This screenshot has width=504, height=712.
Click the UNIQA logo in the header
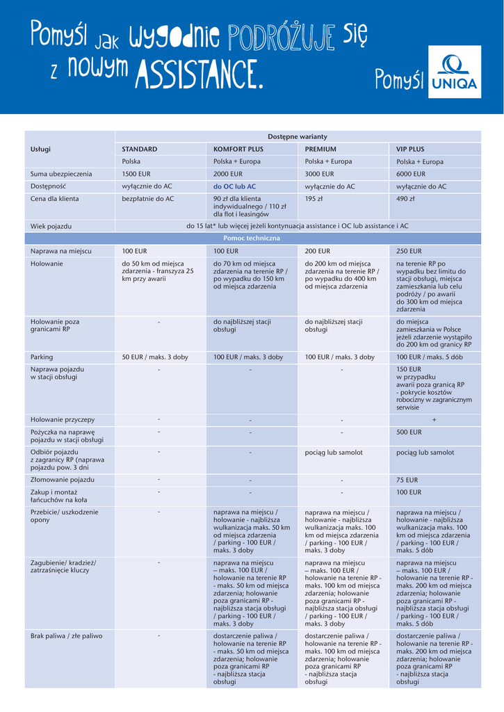(x=455, y=74)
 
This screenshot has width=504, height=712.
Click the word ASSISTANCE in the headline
(x=201, y=74)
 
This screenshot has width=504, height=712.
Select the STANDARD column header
(x=140, y=149)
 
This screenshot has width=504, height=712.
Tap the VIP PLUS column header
(x=410, y=149)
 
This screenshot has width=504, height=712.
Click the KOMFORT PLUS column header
(x=238, y=149)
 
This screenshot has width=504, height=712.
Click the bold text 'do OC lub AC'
(x=234, y=186)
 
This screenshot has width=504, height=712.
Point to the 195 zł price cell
(x=315, y=199)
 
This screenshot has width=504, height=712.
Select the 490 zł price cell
(x=406, y=199)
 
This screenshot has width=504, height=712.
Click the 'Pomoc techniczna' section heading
(x=252, y=238)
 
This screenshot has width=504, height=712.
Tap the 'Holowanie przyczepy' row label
(x=63, y=419)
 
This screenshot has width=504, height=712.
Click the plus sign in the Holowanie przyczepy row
(x=434, y=420)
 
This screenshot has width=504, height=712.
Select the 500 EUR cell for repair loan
(x=409, y=432)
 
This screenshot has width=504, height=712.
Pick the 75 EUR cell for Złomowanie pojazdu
(x=407, y=480)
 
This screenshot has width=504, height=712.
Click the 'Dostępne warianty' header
(x=298, y=136)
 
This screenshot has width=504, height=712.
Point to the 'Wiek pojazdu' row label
(x=51, y=226)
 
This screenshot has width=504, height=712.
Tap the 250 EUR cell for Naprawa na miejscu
(x=409, y=250)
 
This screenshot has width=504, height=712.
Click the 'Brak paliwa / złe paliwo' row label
(x=66, y=636)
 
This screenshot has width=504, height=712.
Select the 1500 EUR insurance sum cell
(x=136, y=174)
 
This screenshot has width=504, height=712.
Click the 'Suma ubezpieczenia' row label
(x=61, y=174)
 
